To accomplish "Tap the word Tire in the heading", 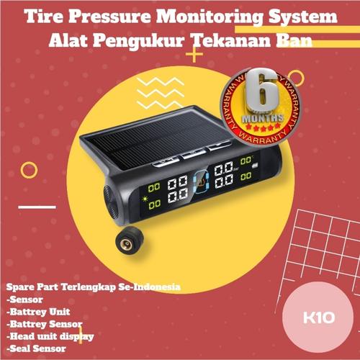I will coord(42,17).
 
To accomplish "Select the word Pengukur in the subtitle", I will coord(145,42).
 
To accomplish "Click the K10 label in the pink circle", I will coord(315,317).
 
